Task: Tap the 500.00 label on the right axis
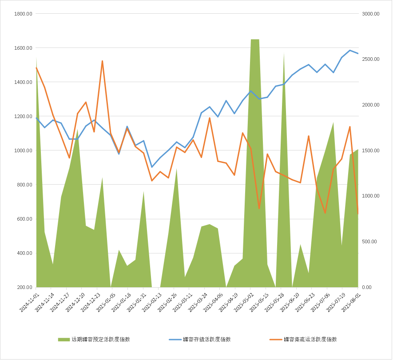pos(372,241)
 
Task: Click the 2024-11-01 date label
pos(31,301)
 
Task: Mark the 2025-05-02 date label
pos(244,301)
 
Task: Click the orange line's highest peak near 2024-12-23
pos(102,61)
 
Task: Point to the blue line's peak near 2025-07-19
pos(350,50)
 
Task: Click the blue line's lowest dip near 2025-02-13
pos(152,167)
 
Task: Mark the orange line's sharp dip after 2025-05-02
pos(259,208)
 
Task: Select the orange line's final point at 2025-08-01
pos(358,214)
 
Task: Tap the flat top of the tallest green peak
pos(255,40)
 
